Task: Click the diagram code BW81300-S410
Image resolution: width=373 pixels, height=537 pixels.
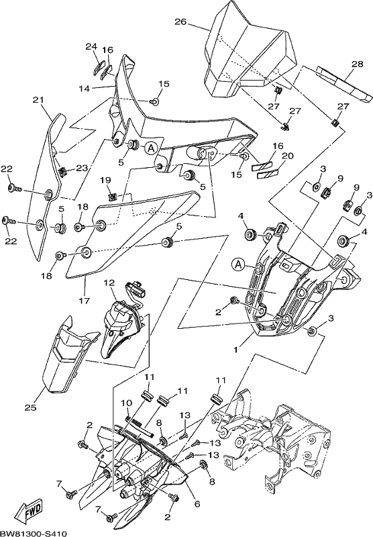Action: tap(34, 533)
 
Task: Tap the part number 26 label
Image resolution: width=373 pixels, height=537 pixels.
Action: tap(180, 22)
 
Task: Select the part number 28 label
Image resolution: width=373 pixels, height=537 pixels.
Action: tap(357, 64)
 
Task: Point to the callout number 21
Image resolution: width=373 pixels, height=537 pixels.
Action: tap(38, 99)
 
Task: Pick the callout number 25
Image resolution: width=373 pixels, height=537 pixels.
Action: tap(30, 407)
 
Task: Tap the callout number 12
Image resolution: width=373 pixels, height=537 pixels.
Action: tap(110, 283)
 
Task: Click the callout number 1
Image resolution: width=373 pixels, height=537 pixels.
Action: tap(235, 350)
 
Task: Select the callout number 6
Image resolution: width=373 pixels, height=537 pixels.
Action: tap(197, 504)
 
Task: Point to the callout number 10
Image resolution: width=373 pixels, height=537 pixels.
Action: tap(127, 403)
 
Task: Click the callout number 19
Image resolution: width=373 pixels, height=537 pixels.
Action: tap(106, 180)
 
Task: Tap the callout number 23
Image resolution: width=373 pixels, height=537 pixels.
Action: tap(82, 168)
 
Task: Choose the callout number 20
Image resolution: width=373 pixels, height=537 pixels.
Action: tap(288, 156)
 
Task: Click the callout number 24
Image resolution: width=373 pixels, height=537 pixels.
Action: tap(91, 46)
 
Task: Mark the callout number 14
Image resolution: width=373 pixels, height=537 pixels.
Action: tap(84, 89)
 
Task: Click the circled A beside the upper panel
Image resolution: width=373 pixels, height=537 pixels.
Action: tap(150, 148)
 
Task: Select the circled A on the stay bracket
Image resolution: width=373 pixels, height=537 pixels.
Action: tap(239, 264)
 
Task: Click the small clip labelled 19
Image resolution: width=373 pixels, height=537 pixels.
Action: tap(112, 197)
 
